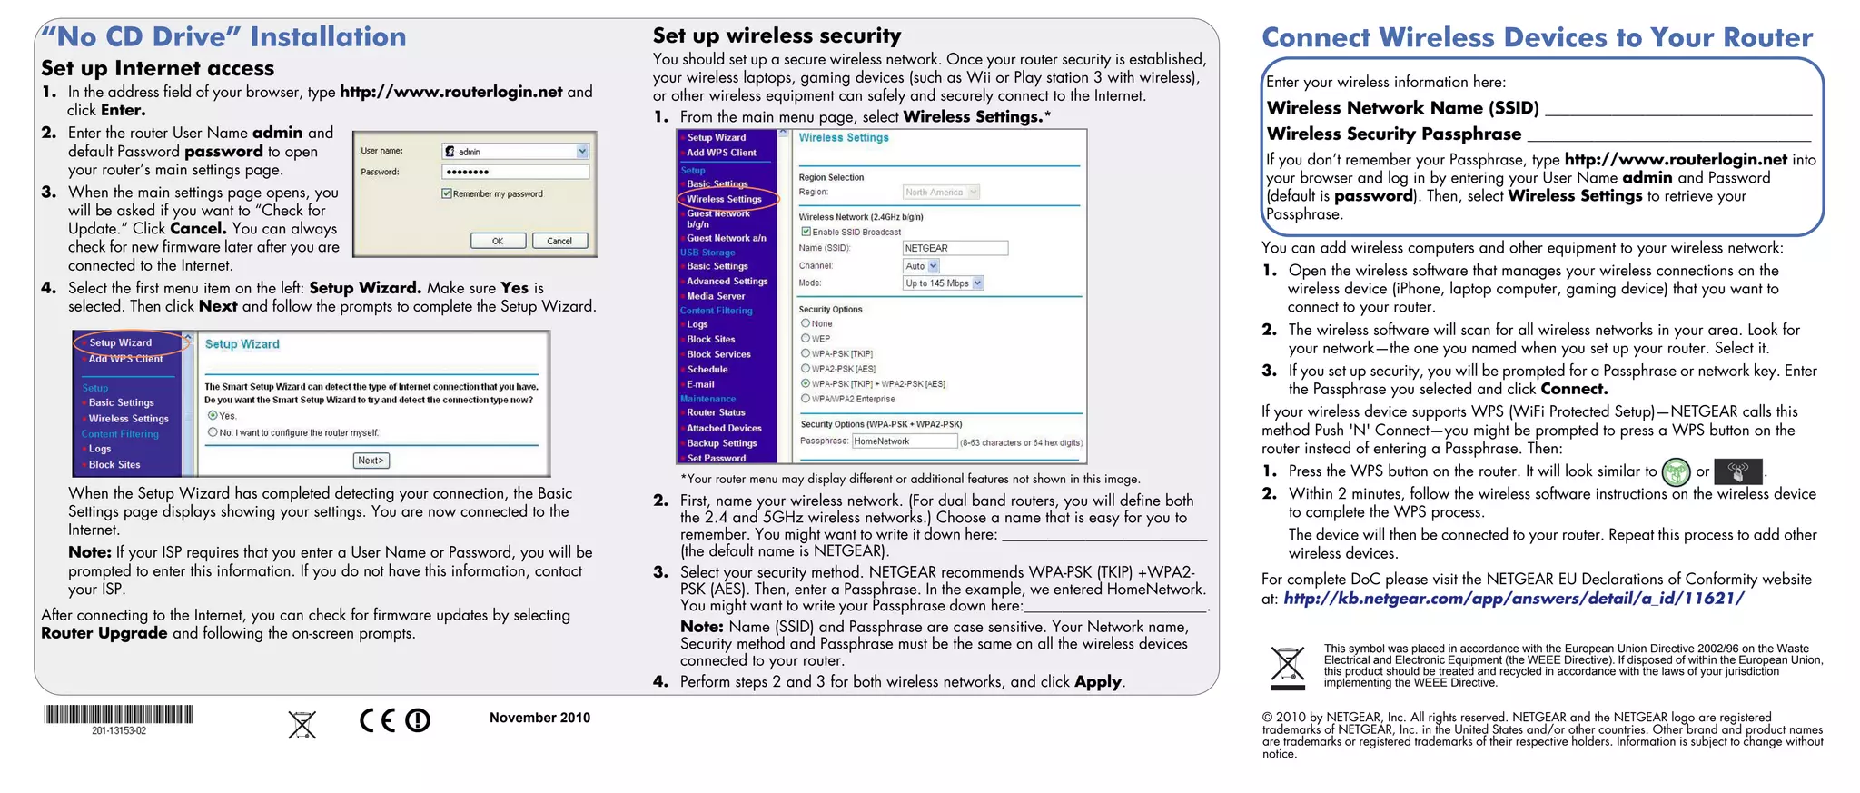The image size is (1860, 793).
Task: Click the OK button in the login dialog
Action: coord(498,241)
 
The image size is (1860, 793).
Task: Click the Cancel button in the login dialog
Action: coord(559,241)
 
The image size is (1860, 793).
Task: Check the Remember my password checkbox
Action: coord(447,193)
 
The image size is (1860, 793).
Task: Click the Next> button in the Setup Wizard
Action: coord(371,461)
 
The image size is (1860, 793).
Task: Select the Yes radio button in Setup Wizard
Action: coord(213,416)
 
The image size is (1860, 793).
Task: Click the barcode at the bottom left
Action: coord(118,715)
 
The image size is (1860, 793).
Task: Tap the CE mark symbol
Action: coord(378,720)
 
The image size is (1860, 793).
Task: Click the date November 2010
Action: coord(539,718)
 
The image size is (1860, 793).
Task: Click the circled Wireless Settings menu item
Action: coord(724,199)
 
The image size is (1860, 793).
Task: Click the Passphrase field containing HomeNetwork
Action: coord(904,441)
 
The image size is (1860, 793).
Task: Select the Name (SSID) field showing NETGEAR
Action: coord(955,248)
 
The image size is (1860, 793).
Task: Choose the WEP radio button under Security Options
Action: coord(806,338)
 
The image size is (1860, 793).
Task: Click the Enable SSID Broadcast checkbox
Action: coord(806,232)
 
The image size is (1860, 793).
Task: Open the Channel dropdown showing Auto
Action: coord(921,266)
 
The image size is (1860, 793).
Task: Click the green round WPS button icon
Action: coord(1676,471)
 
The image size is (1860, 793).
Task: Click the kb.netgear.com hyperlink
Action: coord(1513,599)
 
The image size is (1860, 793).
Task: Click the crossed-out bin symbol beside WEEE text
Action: coord(1287,667)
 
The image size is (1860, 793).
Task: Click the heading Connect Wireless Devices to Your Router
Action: coord(1537,38)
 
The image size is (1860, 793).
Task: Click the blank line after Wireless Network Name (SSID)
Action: coord(1677,109)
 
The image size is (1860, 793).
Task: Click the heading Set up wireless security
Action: coord(777,36)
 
